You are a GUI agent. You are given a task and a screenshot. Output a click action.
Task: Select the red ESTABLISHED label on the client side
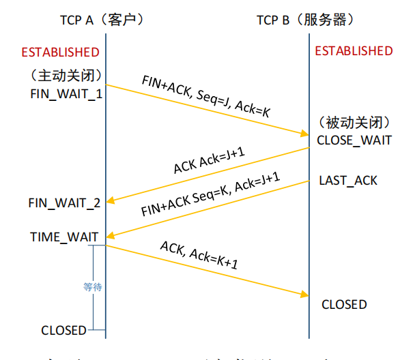pyautogui.click(x=60, y=52)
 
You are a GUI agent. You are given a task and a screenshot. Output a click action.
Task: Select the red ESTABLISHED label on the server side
pyautogui.click(x=354, y=51)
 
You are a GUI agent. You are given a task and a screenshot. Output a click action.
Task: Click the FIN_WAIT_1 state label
pyautogui.click(x=66, y=93)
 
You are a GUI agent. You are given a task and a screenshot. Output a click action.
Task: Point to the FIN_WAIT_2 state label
pyautogui.click(x=65, y=203)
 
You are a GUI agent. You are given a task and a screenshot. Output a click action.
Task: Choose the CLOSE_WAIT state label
pyautogui.click(x=354, y=140)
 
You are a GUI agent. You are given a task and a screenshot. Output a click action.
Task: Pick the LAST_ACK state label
pyautogui.click(x=348, y=181)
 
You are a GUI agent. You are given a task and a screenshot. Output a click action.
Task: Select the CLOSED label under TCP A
pyautogui.click(x=63, y=331)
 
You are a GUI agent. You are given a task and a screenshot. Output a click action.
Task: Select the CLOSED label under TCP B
pyautogui.click(x=344, y=304)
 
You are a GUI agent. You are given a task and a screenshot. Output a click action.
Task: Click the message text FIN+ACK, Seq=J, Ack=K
pyautogui.click(x=205, y=95)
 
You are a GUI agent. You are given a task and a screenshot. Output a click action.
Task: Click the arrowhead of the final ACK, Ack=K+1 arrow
pyautogui.click(x=304, y=294)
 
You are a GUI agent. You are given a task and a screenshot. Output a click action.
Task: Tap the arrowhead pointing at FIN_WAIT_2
pyautogui.click(x=111, y=200)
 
